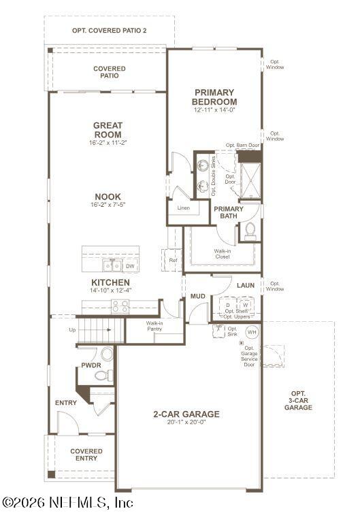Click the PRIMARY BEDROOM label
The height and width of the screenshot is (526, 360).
pos(214,97)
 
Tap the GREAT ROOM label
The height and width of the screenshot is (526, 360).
pos(108,129)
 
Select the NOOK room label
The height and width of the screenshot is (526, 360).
pos(108,197)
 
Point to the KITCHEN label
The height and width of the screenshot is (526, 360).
pos(110,282)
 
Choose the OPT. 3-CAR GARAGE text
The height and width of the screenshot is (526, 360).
pos(298,400)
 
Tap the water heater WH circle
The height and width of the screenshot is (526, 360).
pos(252,332)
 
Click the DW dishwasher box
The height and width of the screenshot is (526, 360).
pos(129,266)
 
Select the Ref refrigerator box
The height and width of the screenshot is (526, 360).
pos(173,260)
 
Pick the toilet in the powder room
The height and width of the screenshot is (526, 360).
pos(107,353)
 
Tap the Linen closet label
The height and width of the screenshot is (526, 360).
pos(183,208)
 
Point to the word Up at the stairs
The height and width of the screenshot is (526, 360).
pos(72,329)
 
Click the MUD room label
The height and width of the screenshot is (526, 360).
pos(197,297)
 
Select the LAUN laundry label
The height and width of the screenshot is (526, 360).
pos(245,285)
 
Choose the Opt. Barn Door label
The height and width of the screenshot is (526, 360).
pos(243,145)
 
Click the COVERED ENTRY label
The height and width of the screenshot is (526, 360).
pos(86,455)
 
